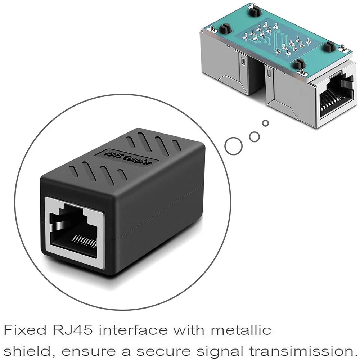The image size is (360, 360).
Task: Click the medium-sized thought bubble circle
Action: coord(255,136)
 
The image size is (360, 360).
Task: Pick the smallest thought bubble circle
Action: coord(266,123)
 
